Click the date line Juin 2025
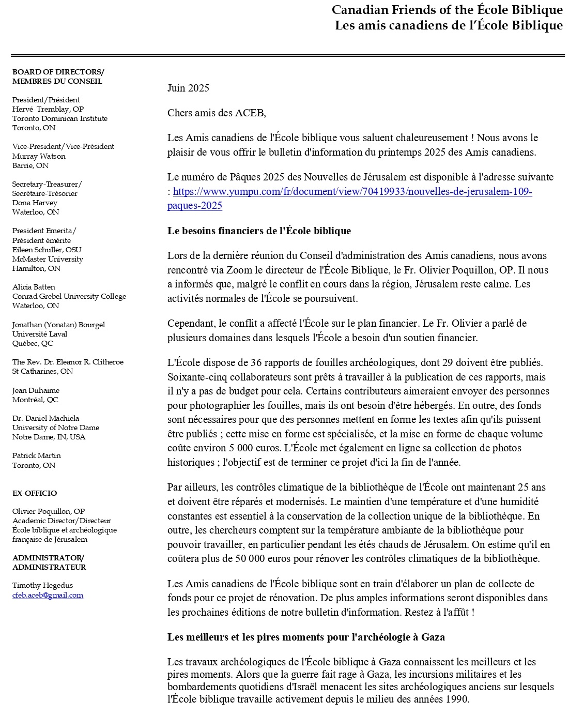point(188,88)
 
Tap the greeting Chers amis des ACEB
point(216,113)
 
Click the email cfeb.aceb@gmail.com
point(48,595)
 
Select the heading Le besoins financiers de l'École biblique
point(259,231)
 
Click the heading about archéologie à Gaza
point(306,637)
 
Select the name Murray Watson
point(39,156)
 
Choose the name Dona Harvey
point(35,203)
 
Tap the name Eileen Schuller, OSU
point(47,250)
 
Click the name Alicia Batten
point(34,287)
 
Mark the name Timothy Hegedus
point(42,585)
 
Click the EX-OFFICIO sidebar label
point(35,493)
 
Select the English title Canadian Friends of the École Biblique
point(447,10)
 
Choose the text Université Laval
point(40,334)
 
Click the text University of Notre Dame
point(56,428)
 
